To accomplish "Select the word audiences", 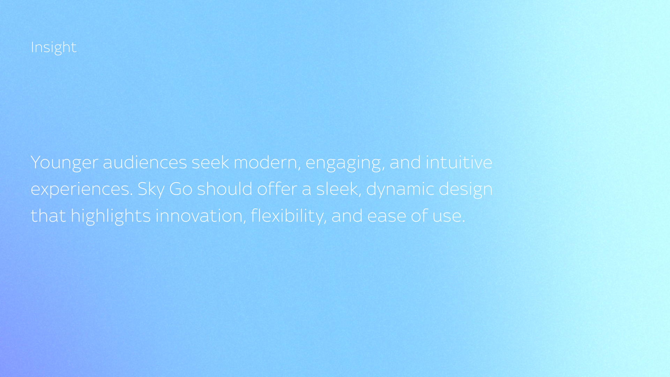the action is (145, 162).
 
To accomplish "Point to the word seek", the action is (210, 162).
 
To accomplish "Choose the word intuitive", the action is (459, 162).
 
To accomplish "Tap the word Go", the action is (181, 189).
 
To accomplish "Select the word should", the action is (225, 189).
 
